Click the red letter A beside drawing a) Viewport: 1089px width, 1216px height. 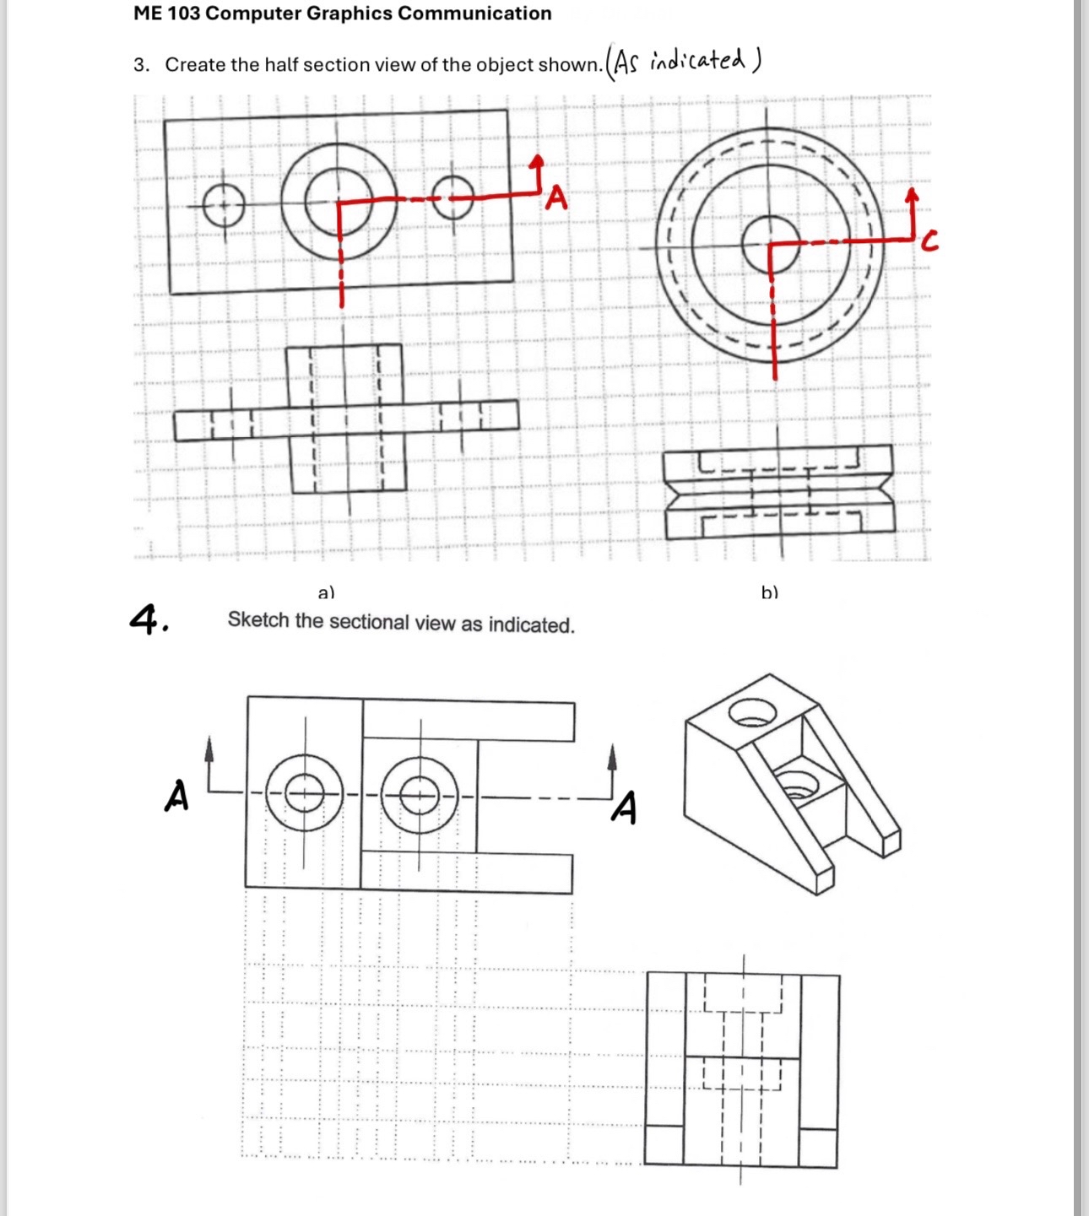click(x=556, y=199)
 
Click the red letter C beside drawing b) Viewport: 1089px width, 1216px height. click(x=929, y=243)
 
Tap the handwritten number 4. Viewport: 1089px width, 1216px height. click(x=148, y=619)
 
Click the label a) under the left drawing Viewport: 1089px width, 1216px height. click(x=326, y=592)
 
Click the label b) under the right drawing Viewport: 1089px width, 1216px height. click(x=769, y=592)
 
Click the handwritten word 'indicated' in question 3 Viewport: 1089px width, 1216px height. click(x=697, y=61)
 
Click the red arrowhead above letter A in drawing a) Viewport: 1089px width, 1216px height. click(x=537, y=161)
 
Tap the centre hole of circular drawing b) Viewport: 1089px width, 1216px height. click(x=770, y=245)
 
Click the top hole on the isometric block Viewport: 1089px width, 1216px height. click(x=752, y=713)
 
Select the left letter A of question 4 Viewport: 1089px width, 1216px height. click(x=176, y=795)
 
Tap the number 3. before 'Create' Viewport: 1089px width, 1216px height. click(x=141, y=65)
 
